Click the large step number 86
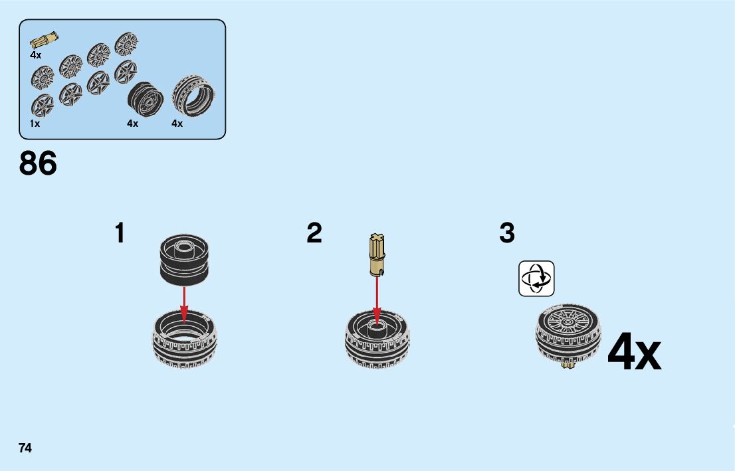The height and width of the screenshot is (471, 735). [38, 163]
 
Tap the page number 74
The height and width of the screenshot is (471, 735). [25, 448]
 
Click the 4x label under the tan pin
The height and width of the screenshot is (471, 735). [36, 56]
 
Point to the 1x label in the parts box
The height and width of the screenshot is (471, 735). [35, 124]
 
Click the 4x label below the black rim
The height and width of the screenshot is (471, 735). [133, 124]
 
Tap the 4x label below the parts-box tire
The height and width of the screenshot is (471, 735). [177, 124]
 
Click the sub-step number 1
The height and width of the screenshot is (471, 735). [120, 233]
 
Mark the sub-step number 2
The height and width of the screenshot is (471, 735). [314, 233]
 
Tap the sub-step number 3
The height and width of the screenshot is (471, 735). [507, 233]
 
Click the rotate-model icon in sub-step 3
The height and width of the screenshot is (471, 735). [536, 278]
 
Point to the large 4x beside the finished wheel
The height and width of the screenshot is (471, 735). [634, 353]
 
